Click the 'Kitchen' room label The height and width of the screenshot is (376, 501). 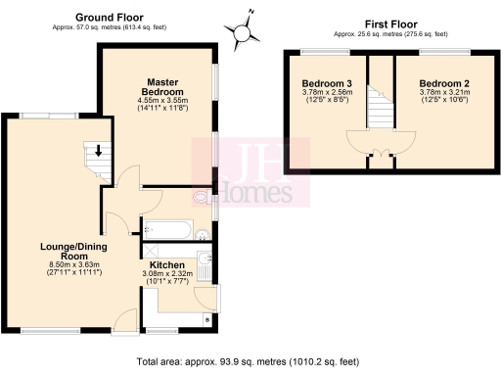point(167,265)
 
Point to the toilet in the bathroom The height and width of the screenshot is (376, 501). point(202,233)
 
